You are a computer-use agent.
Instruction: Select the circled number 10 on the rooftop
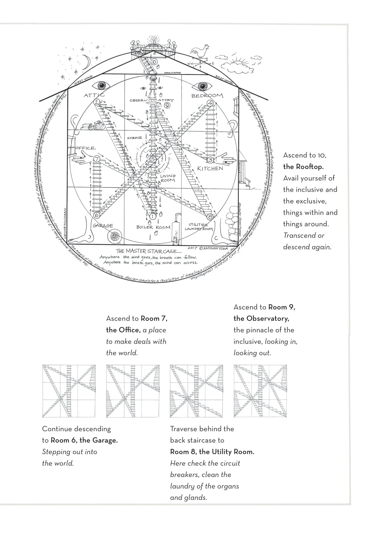pyautogui.click(x=154, y=62)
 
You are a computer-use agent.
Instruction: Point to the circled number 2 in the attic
pyautogui.click(x=97, y=102)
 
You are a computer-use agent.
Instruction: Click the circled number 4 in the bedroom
pyautogui.click(x=210, y=103)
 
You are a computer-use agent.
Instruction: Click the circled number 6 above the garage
pyautogui.click(x=97, y=215)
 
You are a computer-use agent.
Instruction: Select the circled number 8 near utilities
pyautogui.click(x=210, y=217)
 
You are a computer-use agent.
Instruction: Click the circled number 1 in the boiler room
pyautogui.click(x=152, y=216)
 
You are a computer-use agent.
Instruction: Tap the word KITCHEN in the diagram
pyautogui.click(x=210, y=168)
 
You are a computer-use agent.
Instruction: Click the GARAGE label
pyautogui.click(x=103, y=226)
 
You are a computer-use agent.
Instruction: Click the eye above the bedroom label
pyautogui.click(x=202, y=86)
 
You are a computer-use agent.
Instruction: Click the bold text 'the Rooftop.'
pyautogui.click(x=303, y=167)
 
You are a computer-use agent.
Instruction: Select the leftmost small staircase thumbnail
pyautogui.click(x=69, y=391)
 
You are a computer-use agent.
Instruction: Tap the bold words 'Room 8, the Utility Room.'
pyautogui.click(x=212, y=452)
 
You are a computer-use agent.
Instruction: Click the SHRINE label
pyautogui.click(x=135, y=138)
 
